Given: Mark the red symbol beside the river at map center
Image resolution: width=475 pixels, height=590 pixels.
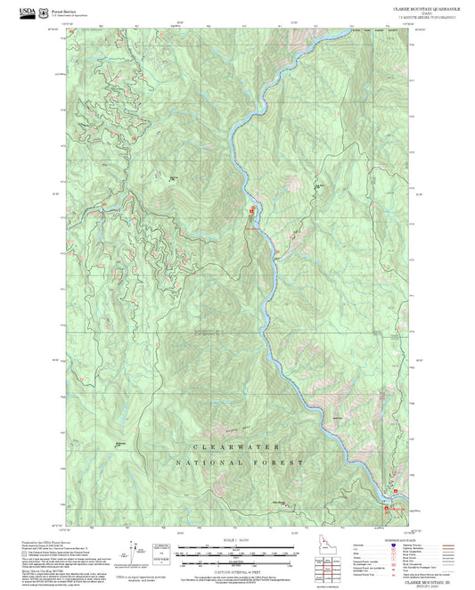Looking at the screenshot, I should pos(251,210).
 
